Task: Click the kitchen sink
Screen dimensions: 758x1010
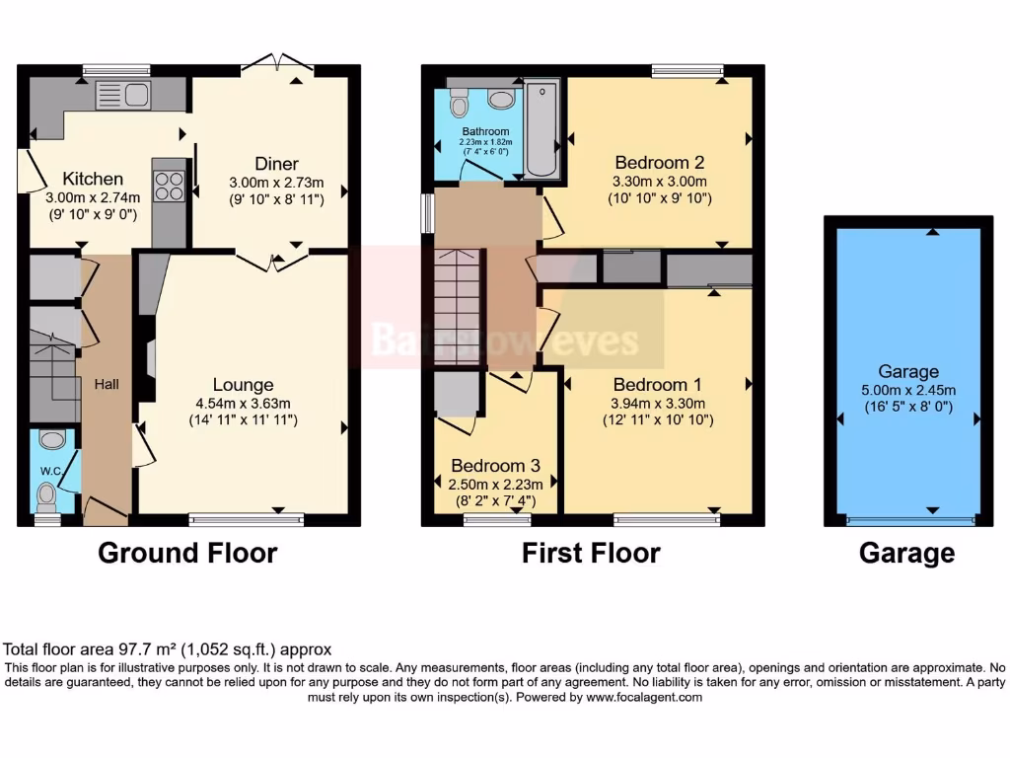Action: (122, 96)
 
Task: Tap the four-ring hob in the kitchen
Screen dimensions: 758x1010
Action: (170, 187)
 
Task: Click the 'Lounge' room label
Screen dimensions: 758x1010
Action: (244, 384)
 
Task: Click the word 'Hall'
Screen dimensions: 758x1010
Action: (107, 384)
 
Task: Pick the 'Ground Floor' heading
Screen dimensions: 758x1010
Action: (187, 553)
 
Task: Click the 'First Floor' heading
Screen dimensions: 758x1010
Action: (591, 553)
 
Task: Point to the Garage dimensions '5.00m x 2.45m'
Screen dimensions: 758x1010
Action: (907, 390)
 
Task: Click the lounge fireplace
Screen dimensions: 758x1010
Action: (147, 360)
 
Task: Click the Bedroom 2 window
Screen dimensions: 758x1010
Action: (686, 70)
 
